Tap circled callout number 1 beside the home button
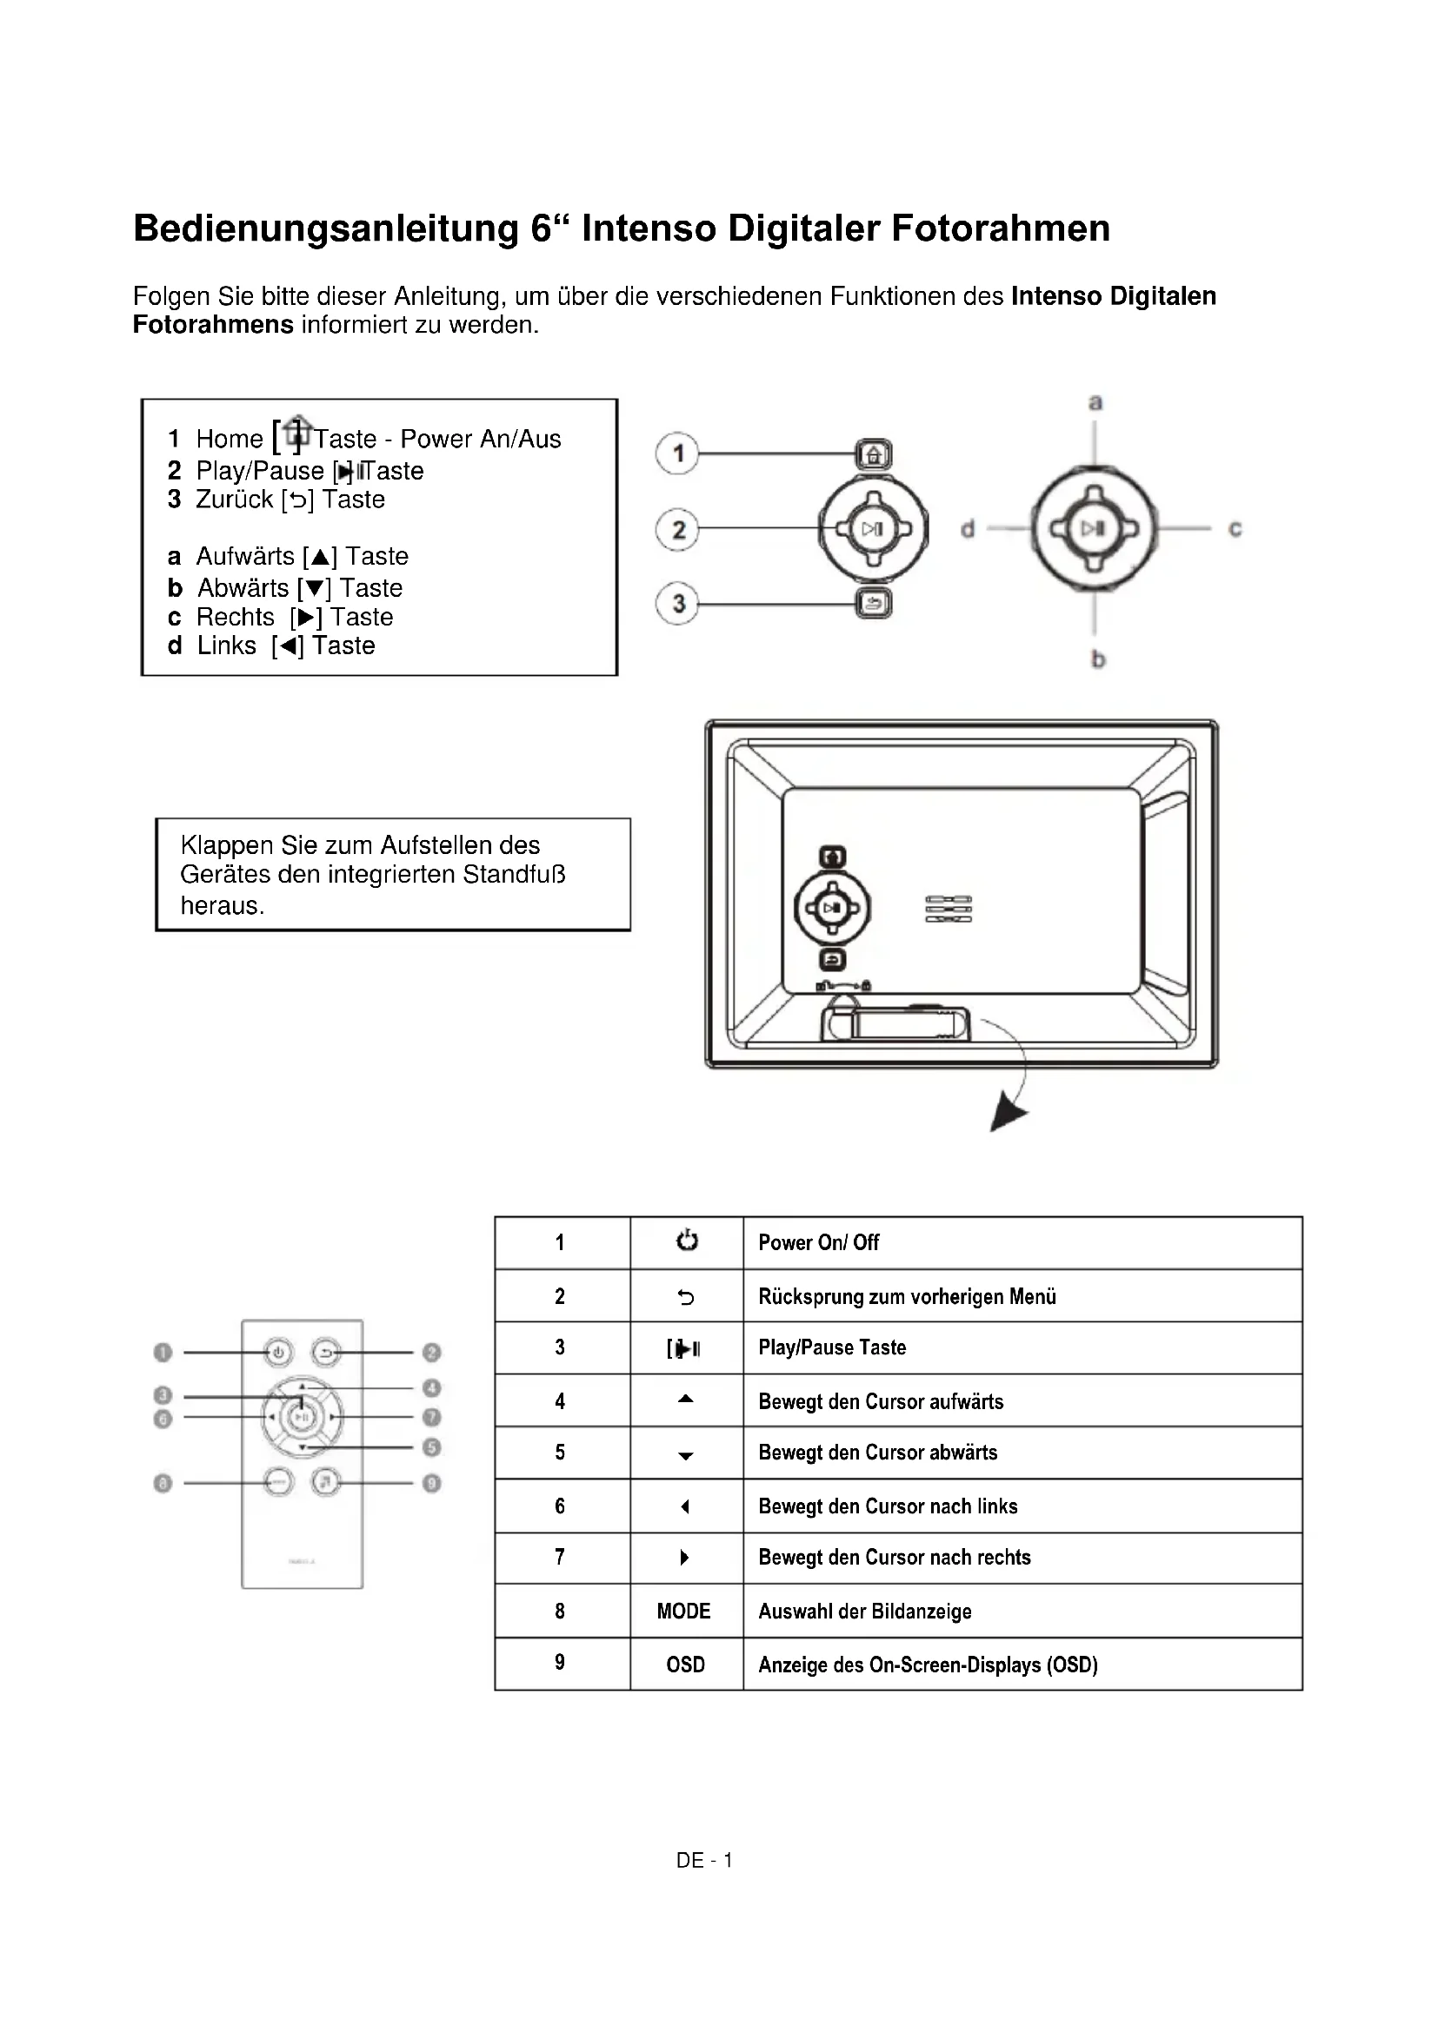pos(677,454)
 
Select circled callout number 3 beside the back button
pos(677,605)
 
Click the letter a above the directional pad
pos(1095,403)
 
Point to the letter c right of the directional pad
pos(1235,528)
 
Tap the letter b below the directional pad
pos(1098,659)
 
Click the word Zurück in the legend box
pos(234,500)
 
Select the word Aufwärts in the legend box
pos(245,556)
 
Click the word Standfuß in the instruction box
pos(514,875)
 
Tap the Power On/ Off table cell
pos(818,1242)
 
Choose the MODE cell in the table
pos(683,1611)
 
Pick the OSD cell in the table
pos(685,1665)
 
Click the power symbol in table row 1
pos(686,1241)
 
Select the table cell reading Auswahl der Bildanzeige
pos(864,1611)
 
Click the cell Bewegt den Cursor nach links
pos(888,1506)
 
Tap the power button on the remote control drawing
pos(278,1354)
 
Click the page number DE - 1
pos(704,1860)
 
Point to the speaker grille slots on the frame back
pos(949,909)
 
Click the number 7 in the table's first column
pos(560,1557)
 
